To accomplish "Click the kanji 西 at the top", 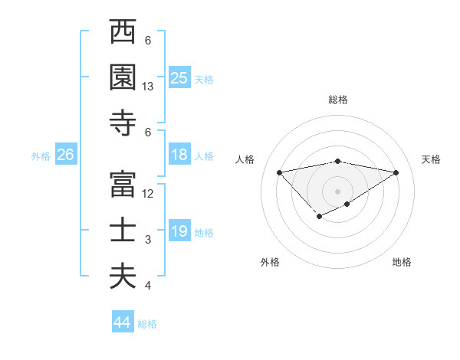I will coord(123,33).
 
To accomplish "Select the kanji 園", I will coord(123,77).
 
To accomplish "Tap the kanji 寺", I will coord(123,123).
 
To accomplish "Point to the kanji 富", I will coord(123,185).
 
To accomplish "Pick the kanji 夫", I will coord(123,277).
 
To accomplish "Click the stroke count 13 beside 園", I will coord(148,87).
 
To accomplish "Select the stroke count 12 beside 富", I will coord(148,194).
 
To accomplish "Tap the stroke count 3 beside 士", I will coord(148,240).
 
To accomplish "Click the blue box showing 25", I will coord(179,77).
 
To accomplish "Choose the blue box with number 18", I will coord(179,155).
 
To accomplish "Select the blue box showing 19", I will coord(179,231).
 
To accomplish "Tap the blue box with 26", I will coord(65,155).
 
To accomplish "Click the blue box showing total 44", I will coord(122,322).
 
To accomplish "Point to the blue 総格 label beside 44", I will coord(147,324).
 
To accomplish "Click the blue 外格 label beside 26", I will coord(41,156).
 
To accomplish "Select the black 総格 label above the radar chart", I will coord(337,100).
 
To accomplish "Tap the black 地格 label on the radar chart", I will coord(402,262).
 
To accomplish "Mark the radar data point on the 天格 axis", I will coord(396,172).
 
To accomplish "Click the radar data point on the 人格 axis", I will coord(279,172).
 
